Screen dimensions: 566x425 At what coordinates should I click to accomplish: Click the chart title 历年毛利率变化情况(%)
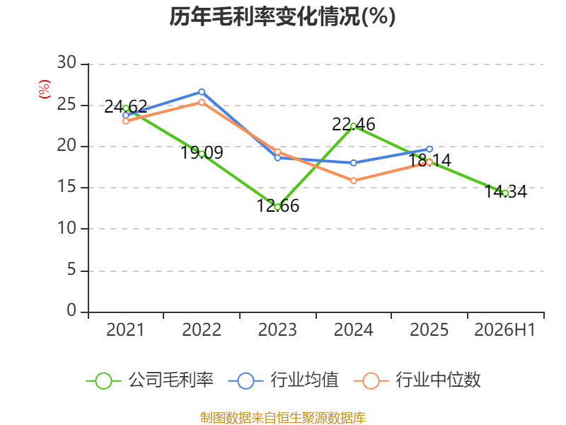tap(282, 16)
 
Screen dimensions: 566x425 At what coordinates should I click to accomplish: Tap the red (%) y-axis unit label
tap(45, 89)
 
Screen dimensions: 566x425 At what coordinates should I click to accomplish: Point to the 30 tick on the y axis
tap(67, 62)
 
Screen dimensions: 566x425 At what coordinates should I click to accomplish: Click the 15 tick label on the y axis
tap(67, 186)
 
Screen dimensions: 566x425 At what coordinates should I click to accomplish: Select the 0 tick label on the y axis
tap(71, 310)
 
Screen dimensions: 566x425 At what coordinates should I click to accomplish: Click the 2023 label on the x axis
tap(277, 329)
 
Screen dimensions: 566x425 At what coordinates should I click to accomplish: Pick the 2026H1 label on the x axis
tap(504, 329)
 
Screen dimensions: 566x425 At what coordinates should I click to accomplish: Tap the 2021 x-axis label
tap(125, 329)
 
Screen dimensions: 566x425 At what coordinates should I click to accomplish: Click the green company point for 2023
tap(277, 207)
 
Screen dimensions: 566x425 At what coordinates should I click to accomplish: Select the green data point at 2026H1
tap(505, 193)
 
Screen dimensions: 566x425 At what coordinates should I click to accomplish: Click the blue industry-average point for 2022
tap(202, 92)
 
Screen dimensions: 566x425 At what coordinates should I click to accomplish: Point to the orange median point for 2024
tap(353, 181)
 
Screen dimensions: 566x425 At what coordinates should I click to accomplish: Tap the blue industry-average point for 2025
tap(429, 149)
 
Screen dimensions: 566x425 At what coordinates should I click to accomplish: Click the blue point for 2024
tap(353, 163)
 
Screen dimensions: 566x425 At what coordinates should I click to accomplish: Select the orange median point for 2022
tap(202, 102)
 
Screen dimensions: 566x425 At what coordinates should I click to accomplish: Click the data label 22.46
tap(353, 125)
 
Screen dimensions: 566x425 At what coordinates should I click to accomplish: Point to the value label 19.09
tap(202, 152)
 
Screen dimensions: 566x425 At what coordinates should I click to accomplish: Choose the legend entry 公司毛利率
tap(150, 380)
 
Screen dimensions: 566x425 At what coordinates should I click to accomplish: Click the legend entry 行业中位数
tap(417, 380)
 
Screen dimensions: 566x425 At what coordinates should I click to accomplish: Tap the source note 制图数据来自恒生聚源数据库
tap(282, 418)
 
